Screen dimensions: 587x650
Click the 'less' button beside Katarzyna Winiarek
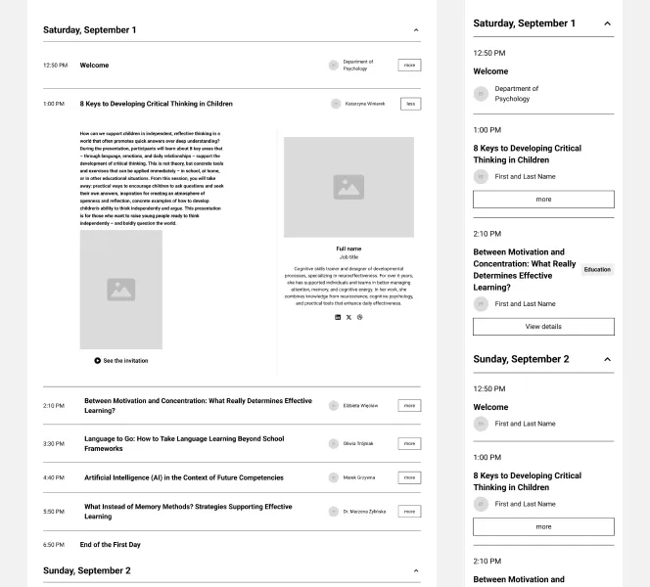coord(410,104)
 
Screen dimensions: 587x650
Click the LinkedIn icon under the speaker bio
coord(338,317)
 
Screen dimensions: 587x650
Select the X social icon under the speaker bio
coord(348,317)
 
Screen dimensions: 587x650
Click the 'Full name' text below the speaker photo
coord(348,248)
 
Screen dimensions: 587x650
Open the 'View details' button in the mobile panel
coord(543,327)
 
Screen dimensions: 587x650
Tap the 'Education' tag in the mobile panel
coord(597,270)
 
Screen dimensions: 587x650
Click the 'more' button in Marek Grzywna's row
coord(409,477)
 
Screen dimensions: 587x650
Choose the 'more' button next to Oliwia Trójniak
coord(409,443)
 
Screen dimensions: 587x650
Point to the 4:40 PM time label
coord(54,477)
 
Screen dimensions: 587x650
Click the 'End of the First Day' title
coord(110,544)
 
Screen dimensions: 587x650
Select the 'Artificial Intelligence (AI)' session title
coord(183,477)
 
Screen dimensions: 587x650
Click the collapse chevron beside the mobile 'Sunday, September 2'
coord(607,359)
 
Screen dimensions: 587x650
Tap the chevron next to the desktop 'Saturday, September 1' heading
coord(416,30)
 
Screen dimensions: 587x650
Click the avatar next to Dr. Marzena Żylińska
coord(334,512)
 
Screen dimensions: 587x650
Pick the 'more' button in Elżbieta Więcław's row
coord(409,405)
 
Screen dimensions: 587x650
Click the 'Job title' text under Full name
coord(348,257)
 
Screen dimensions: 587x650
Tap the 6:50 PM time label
coord(54,544)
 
